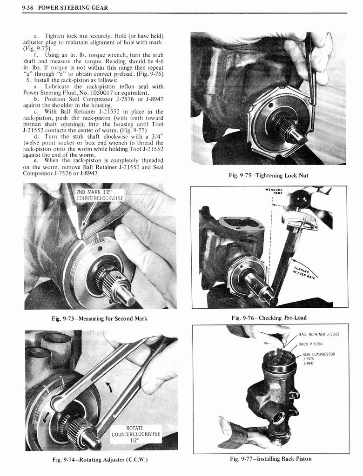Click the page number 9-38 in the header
click(29, 8)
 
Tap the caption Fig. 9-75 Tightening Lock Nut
click(268, 175)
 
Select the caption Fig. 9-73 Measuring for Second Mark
click(100, 318)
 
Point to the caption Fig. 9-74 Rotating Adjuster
click(100, 460)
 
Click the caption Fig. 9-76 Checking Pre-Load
click(269, 318)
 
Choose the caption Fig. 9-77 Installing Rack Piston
click(270, 459)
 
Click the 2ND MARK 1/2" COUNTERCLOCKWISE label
click(100, 195)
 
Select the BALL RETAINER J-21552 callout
click(319, 334)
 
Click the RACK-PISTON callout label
click(310, 344)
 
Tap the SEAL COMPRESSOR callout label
click(319, 358)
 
